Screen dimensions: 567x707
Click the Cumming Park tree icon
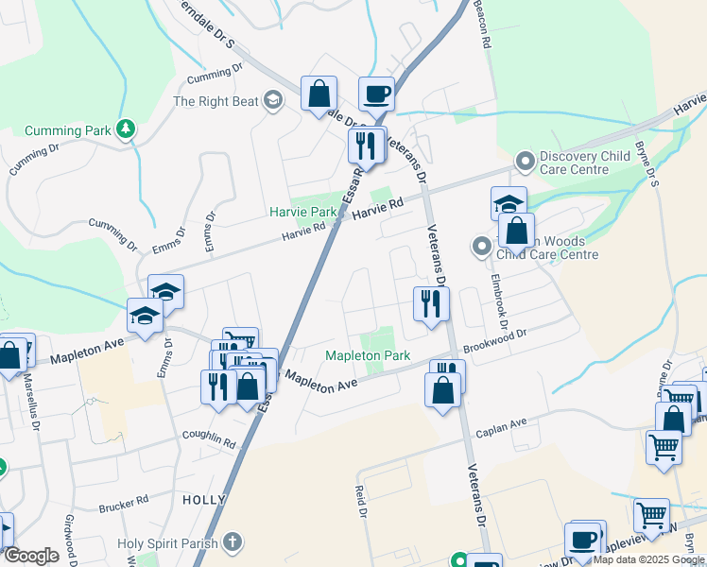coord(125,129)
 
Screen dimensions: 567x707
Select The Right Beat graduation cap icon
coord(273,101)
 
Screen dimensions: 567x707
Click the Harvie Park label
coord(302,213)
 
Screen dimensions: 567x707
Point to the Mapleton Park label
coord(368,356)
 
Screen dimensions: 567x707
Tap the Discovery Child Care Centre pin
coord(526,163)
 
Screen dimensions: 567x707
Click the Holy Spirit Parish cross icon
coord(233,543)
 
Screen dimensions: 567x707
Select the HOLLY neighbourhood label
coord(203,500)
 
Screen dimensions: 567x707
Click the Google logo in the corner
coord(31,555)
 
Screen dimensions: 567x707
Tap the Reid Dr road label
coord(360,502)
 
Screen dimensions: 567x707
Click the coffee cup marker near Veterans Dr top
coord(376,94)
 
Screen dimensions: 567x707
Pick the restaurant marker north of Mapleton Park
coord(428,303)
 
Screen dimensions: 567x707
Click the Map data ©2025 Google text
coord(648,559)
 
